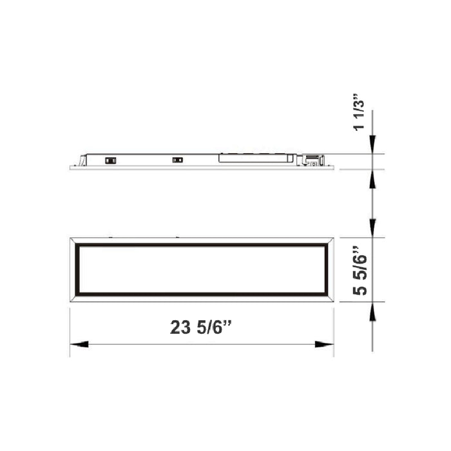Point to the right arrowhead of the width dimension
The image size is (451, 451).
[325, 345]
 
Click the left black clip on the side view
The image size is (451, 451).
[110, 158]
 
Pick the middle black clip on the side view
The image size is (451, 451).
[177, 158]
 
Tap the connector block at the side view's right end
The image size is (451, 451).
[311, 158]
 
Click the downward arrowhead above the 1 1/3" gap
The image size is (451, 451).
[373, 147]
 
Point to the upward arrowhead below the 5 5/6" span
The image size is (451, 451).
[373, 310]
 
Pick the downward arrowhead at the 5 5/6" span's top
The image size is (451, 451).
[373, 229]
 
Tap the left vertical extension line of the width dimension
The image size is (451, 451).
[70, 332]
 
